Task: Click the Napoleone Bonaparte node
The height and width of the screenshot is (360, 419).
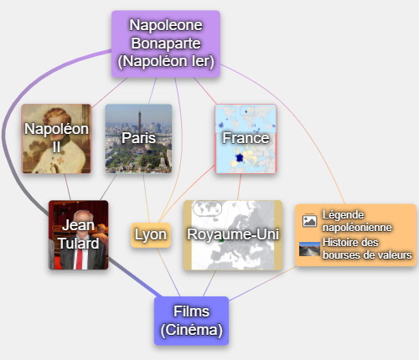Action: (x=166, y=44)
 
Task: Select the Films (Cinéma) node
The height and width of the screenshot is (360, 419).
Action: (x=192, y=321)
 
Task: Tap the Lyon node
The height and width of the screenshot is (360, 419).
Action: (x=151, y=235)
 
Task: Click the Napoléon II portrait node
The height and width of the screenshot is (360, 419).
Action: (x=56, y=139)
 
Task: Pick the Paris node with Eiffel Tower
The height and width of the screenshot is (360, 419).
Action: (x=138, y=139)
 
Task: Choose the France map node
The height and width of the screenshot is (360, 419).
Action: (x=246, y=139)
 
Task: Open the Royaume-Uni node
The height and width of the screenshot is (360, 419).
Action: (x=233, y=235)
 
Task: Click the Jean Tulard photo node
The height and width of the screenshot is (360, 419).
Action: (x=79, y=235)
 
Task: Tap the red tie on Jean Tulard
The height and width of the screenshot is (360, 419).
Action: (x=80, y=259)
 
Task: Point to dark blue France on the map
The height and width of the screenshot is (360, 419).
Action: (x=240, y=158)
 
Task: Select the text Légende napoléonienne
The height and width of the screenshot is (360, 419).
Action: (x=357, y=221)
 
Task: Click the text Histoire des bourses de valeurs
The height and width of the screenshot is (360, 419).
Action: (x=367, y=249)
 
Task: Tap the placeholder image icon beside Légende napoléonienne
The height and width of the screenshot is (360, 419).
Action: (x=309, y=221)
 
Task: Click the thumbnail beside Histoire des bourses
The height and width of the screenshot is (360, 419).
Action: (x=309, y=249)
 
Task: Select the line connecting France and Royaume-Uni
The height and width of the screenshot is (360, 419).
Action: (x=240, y=187)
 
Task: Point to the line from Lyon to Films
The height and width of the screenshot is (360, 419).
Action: (x=168, y=272)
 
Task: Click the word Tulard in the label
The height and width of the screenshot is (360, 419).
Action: (x=79, y=244)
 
